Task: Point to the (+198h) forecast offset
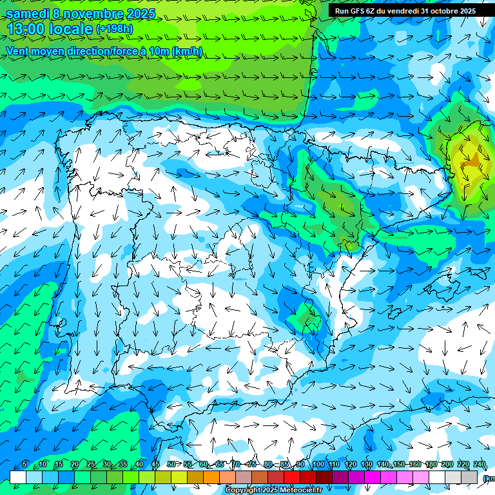click(x=115, y=29)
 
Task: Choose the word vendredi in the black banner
click(x=404, y=11)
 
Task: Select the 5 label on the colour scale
click(x=24, y=465)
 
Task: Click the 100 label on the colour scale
click(x=318, y=465)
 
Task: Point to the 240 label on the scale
click(x=480, y=465)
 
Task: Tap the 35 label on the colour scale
click(x=122, y=465)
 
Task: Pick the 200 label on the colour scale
click(x=447, y=465)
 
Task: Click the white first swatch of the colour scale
click(x=18, y=477)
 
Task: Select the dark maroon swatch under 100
click(x=324, y=477)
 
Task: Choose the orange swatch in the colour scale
click(x=211, y=477)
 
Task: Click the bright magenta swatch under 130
click(x=373, y=477)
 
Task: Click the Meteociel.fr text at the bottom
click(x=299, y=490)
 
